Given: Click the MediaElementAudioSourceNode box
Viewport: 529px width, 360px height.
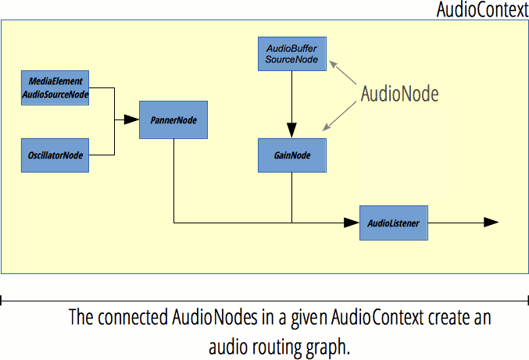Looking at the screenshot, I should coord(55,87).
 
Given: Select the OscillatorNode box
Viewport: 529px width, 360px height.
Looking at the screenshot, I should coord(55,155).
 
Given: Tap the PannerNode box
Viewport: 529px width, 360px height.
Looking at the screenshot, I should coord(173,120).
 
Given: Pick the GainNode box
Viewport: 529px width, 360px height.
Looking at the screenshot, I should coord(291,155).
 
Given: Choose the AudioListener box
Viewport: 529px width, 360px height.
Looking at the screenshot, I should coord(393,223).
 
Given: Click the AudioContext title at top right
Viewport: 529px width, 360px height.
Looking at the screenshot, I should coord(481,11).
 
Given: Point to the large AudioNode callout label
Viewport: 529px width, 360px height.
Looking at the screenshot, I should coord(399,94).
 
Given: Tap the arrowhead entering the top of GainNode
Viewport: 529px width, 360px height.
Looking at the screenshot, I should coord(291,132).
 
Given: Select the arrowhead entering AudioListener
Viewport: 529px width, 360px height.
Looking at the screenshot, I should coord(352,223).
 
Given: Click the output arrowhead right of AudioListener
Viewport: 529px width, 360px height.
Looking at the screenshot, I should coord(491,223).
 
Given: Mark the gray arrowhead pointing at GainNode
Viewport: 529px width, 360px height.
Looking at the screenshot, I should coord(329,124).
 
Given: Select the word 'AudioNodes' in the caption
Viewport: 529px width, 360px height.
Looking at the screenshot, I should coord(210,319).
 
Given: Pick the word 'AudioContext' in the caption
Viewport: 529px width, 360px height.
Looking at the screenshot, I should coord(378,319).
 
